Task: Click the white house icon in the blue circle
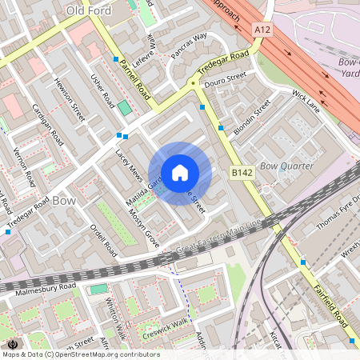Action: tap(180, 172)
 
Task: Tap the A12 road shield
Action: tap(262, 29)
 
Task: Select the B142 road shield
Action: tap(242, 172)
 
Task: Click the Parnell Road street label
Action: tap(134, 80)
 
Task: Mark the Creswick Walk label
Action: tap(164, 328)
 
